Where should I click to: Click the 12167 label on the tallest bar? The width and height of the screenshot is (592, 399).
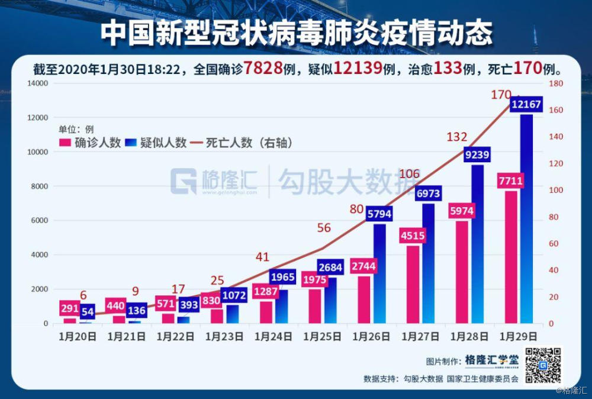(x=526, y=105)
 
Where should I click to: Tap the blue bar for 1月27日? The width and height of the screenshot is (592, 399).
(x=428, y=266)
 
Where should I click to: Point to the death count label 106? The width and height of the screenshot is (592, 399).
(x=410, y=174)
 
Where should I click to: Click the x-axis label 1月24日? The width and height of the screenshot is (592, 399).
(x=273, y=337)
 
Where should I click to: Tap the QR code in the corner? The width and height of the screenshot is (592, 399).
(x=542, y=365)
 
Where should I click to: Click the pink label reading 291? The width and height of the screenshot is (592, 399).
(x=69, y=308)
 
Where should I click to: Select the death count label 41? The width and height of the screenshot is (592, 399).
(x=262, y=257)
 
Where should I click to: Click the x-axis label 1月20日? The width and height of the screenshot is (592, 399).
(x=77, y=337)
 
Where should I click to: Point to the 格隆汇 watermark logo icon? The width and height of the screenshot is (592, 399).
(x=184, y=181)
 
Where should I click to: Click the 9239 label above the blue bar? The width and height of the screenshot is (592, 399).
(x=477, y=155)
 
